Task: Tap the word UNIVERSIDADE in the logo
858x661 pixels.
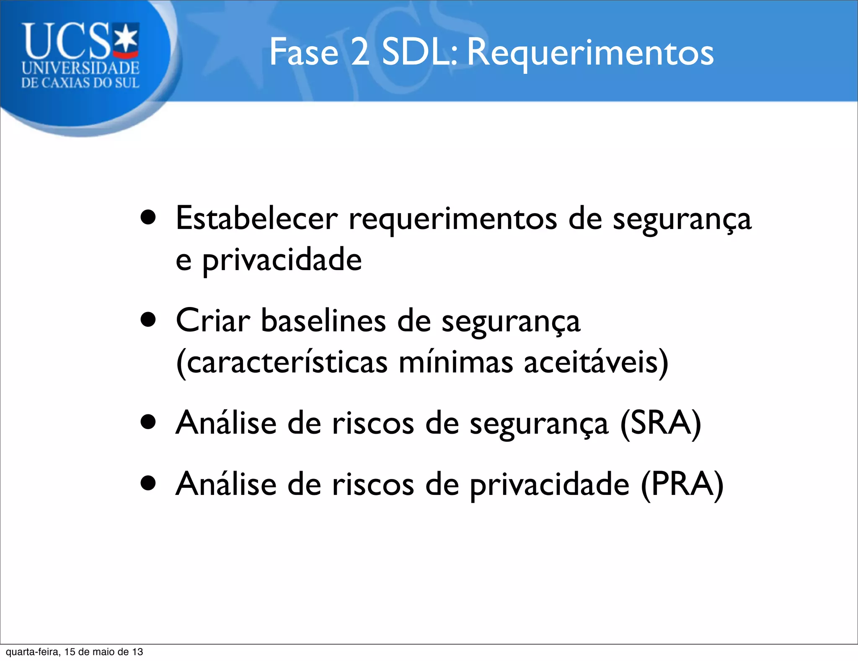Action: point(80,68)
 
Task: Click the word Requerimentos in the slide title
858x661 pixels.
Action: point(590,53)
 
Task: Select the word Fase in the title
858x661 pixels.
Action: point(304,53)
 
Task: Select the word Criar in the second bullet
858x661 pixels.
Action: point(213,321)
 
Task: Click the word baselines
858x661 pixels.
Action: point(323,321)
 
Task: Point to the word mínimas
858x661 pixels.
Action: point(455,362)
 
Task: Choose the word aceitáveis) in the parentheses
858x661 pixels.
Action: point(596,362)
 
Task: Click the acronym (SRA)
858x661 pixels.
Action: point(660,423)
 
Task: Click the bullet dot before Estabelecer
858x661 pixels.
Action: point(148,218)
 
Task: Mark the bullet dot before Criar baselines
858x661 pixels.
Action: point(148,320)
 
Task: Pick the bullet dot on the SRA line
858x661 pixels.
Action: point(148,423)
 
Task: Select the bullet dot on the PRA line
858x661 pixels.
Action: point(148,484)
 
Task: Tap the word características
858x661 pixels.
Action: point(282,362)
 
